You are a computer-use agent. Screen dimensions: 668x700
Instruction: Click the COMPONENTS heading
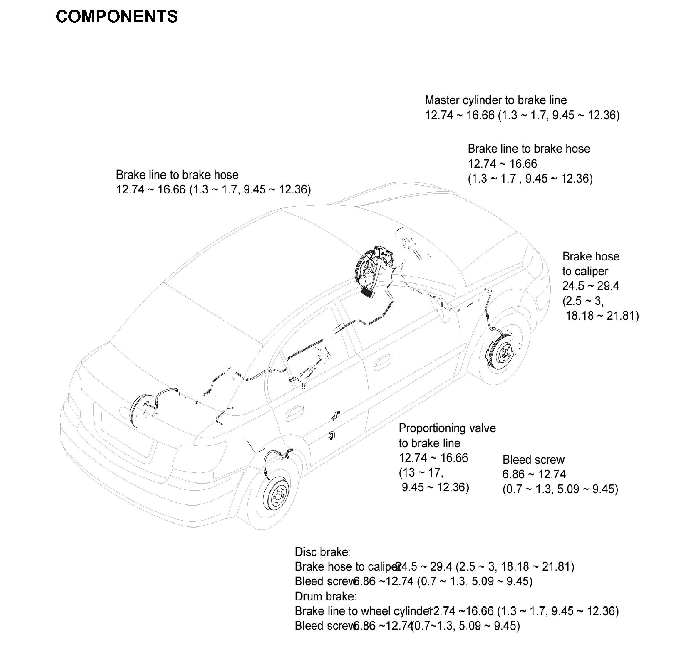click(x=117, y=17)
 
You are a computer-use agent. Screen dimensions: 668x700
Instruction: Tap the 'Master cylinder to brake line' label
click(x=495, y=100)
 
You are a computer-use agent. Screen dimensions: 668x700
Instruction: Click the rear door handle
click(x=294, y=414)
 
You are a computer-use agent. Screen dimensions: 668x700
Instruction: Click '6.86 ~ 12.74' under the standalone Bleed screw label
click(x=534, y=474)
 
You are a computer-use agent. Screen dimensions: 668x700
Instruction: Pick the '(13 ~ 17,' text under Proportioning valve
click(x=421, y=472)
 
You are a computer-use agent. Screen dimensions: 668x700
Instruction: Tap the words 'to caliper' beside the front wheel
click(x=585, y=271)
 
